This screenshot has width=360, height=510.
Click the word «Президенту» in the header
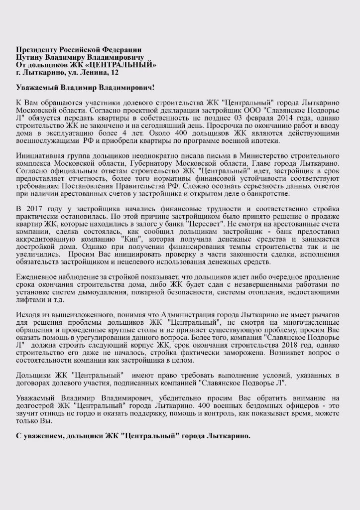37,50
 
